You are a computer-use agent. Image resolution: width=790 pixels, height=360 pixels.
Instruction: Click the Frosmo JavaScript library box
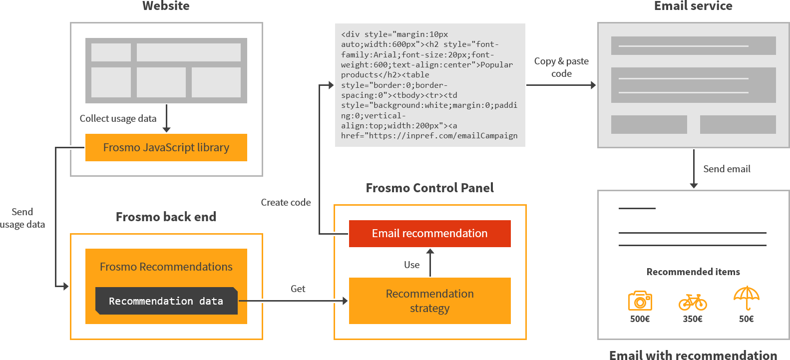(x=166, y=147)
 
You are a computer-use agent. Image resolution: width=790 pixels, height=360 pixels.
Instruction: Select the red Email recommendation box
(x=429, y=233)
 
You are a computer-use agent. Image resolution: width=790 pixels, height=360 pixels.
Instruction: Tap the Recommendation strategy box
(x=429, y=301)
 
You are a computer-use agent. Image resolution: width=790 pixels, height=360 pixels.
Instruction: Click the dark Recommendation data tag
(x=166, y=301)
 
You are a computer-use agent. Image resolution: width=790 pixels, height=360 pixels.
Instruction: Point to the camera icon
(x=640, y=301)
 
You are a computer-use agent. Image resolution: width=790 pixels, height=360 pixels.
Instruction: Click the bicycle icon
(x=693, y=302)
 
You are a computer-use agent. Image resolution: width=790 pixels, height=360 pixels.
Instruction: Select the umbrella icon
(x=746, y=298)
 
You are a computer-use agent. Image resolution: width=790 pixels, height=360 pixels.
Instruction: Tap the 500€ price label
(x=640, y=319)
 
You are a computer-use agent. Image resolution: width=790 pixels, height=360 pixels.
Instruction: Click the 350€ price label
(x=693, y=319)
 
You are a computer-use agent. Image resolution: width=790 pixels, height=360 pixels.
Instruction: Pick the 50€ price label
(x=746, y=319)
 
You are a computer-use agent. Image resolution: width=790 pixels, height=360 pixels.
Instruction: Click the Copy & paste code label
(x=561, y=67)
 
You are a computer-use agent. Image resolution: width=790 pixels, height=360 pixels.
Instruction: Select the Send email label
(x=727, y=169)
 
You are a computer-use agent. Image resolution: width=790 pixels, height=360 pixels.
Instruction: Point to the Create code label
(x=286, y=202)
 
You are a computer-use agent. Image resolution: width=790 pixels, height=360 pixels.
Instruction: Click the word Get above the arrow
(x=298, y=289)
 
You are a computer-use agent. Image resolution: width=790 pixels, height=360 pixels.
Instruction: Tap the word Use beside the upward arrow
(x=411, y=265)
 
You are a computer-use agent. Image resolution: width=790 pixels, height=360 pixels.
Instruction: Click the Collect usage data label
(x=118, y=118)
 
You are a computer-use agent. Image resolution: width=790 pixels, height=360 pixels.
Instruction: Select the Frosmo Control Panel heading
(x=429, y=188)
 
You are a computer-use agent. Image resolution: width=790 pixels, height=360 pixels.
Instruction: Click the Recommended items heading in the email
(x=693, y=272)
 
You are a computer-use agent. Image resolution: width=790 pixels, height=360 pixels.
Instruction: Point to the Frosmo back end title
(x=166, y=217)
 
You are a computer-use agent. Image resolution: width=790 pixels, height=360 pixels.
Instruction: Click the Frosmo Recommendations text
(x=166, y=267)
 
